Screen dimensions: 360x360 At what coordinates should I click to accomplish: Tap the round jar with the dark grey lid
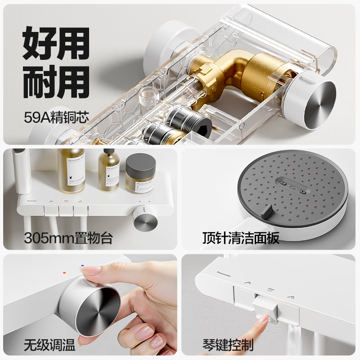(x=140, y=173)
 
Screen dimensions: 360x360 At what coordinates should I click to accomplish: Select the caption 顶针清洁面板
(x=241, y=237)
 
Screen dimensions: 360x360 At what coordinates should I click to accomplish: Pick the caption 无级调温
(x=49, y=346)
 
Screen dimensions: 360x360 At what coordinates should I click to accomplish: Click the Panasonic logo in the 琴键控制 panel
(x=227, y=272)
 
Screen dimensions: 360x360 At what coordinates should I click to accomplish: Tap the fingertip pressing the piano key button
(x=261, y=321)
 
